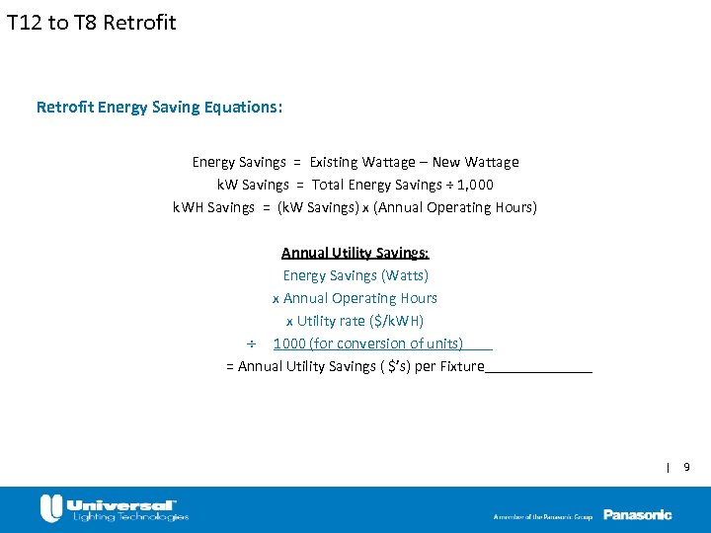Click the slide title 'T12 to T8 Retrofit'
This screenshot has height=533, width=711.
[x=91, y=22]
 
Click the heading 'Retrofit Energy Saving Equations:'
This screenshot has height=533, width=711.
[x=159, y=107]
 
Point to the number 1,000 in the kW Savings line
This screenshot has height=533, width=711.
[x=475, y=185]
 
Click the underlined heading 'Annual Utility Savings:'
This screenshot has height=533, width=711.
[x=355, y=253]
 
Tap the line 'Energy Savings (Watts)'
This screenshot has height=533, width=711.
[x=355, y=275]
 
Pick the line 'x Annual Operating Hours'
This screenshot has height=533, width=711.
[x=355, y=298]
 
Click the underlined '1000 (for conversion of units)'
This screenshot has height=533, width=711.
[x=368, y=343]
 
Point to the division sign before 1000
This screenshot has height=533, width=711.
[x=251, y=344]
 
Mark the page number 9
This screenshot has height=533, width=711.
[x=686, y=466]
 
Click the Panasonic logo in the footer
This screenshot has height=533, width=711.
[x=637, y=514]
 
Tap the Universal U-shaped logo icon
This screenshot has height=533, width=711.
[x=51, y=508]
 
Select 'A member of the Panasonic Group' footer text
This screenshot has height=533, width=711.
[x=543, y=516]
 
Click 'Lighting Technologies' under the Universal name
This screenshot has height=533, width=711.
[x=128, y=516]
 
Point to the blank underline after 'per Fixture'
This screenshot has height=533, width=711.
[x=538, y=368]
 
